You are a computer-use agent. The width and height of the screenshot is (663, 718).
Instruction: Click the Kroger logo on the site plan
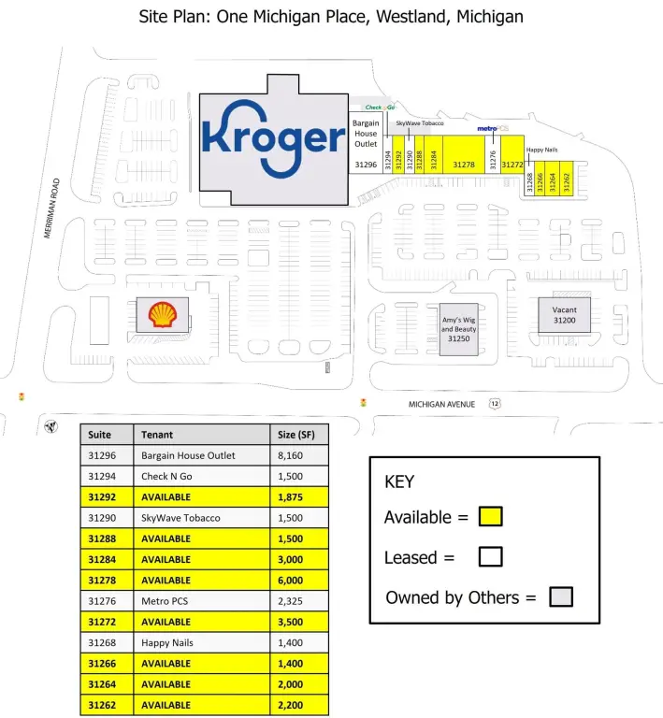pyautogui.click(x=274, y=138)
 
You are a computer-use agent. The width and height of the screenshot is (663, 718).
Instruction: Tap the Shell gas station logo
pyautogui.click(x=162, y=314)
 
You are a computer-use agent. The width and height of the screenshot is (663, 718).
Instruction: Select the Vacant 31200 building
pyautogui.click(x=564, y=315)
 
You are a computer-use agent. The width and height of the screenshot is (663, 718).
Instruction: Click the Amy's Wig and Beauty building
pyautogui.click(x=459, y=330)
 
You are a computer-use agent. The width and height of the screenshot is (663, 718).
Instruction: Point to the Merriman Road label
pyautogui.click(x=51, y=208)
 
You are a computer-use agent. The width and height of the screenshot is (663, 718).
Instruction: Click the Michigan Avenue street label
pyautogui.click(x=441, y=404)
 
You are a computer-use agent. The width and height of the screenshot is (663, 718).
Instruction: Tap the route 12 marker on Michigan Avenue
pyautogui.click(x=495, y=404)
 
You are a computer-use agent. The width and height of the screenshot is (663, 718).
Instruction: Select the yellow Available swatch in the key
pyautogui.click(x=491, y=516)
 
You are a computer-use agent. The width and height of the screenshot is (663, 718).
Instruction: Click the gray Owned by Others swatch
pyautogui.click(x=561, y=597)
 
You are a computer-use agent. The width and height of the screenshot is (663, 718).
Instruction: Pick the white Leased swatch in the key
pyautogui.click(x=490, y=557)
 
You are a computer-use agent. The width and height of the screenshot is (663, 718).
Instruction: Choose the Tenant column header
pyautogui.click(x=157, y=435)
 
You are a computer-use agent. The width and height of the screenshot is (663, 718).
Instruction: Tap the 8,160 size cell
pyautogui.click(x=290, y=455)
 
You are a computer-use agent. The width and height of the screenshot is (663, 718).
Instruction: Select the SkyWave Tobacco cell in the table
pyautogui.click(x=180, y=518)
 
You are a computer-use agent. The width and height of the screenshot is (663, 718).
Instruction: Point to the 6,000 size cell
pyautogui.click(x=290, y=581)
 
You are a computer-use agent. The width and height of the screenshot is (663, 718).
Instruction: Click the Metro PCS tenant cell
pyautogui.click(x=165, y=601)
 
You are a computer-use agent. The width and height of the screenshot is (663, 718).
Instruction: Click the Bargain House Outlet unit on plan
pyautogui.click(x=366, y=140)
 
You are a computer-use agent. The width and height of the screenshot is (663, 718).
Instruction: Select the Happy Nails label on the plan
pyautogui.click(x=541, y=150)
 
